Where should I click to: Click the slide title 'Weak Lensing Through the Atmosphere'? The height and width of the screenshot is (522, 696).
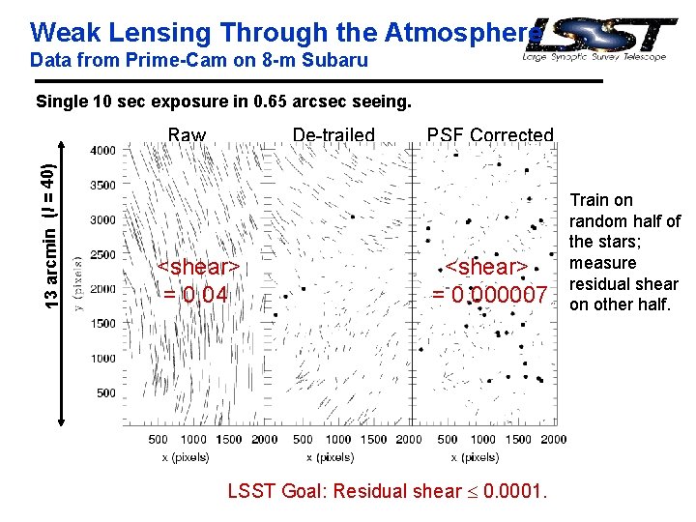click(280, 32)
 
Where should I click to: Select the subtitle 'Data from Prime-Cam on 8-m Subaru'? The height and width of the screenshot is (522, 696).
click(199, 61)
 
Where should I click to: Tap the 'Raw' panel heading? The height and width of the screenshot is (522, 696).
click(187, 135)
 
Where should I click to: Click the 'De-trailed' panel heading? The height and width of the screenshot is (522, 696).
click(333, 135)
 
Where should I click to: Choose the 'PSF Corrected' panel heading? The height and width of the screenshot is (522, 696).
click(490, 135)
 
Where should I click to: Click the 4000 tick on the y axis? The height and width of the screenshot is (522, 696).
click(103, 151)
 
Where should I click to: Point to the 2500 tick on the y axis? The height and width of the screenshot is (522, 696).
click(103, 254)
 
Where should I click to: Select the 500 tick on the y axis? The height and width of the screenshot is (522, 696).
click(106, 393)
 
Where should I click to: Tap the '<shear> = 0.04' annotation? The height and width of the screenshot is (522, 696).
click(197, 280)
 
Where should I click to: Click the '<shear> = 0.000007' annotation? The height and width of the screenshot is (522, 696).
click(489, 280)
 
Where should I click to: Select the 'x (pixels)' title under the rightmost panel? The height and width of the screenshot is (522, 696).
click(482, 455)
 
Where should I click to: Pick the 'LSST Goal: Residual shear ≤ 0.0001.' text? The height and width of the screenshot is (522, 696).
click(388, 491)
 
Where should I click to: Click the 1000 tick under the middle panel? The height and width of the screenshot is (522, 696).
click(338, 440)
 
